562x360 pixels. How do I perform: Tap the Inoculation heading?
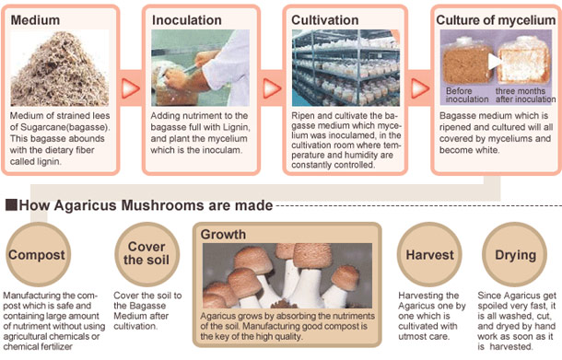click(186, 19)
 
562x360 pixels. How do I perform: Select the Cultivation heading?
click(323, 19)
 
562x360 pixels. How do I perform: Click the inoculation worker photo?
click(200, 69)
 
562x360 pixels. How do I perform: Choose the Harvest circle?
click(428, 254)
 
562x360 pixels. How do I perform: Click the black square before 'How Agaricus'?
click(11, 204)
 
